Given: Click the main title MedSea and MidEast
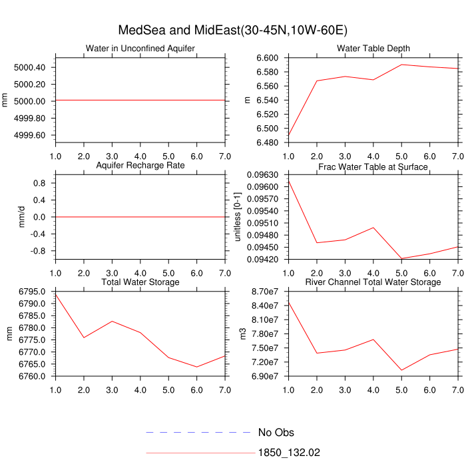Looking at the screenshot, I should pyautogui.click(x=232, y=31).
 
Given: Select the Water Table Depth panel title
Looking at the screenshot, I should pyautogui.click(x=373, y=49).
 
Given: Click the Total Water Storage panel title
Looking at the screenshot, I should pyautogui.click(x=140, y=282).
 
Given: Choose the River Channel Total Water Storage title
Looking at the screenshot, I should pyautogui.click(x=373, y=282).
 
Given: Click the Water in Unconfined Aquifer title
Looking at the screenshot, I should pyautogui.click(x=140, y=49).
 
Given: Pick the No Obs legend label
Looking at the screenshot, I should pyautogui.click(x=276, y=433).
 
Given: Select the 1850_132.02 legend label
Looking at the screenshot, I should pyautogui.click(x=289, y=453).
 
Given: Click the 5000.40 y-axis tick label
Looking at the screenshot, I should pyautogui.click(x=29, y=68).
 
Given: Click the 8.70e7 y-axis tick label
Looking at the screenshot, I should pyautogui.click(x=262, y=292).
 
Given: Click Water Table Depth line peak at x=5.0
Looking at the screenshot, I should pyautogui.click(x=401, y=65).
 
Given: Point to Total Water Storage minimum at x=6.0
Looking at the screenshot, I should pyautogui.click(x=197, y=367).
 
